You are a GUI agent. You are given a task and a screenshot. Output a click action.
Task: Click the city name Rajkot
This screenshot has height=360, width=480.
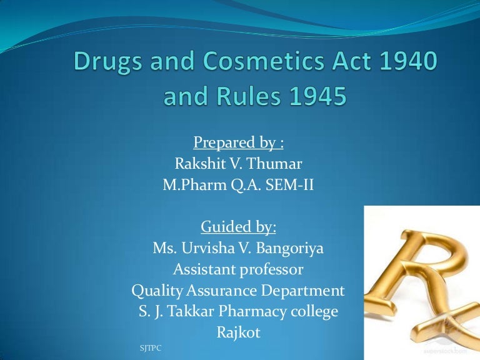[238, 333]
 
